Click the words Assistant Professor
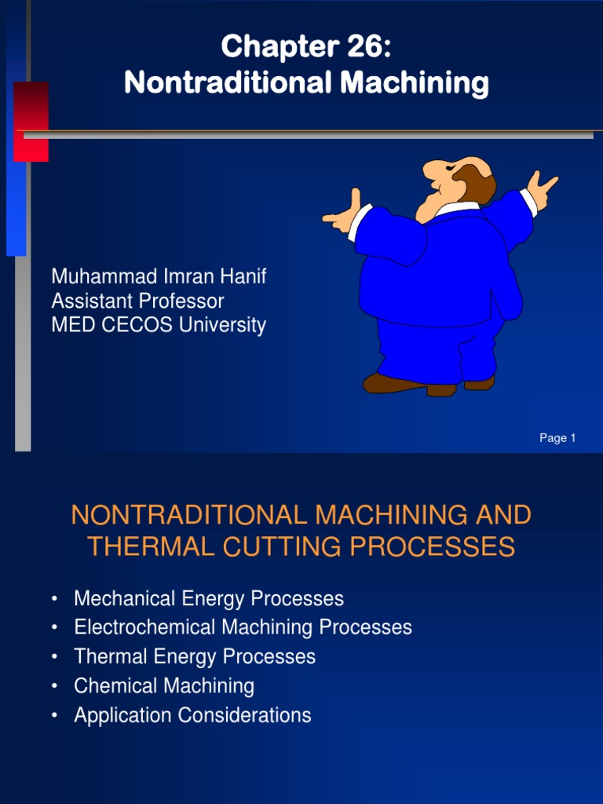click(x=137, y=301)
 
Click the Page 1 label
click(x=557, y=438)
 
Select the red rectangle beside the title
click(x=31, y=121)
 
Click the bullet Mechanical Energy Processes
click(x=209, y=599)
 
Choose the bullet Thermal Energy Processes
click(x=195, y=657)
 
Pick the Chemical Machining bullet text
click(x=164, y=686)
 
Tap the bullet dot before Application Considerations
click(x=53, y=715)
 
